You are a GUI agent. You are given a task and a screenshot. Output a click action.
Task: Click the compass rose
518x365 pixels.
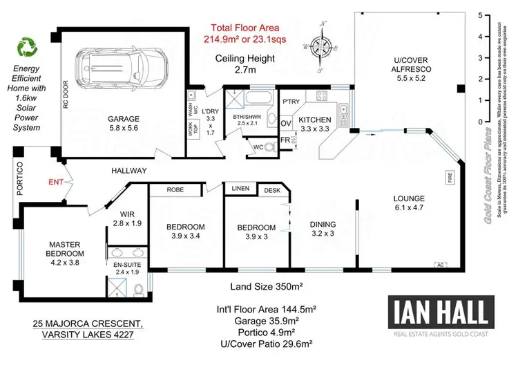click(x=320, y=47)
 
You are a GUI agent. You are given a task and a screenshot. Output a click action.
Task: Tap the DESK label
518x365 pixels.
click(x=271, y=189)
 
